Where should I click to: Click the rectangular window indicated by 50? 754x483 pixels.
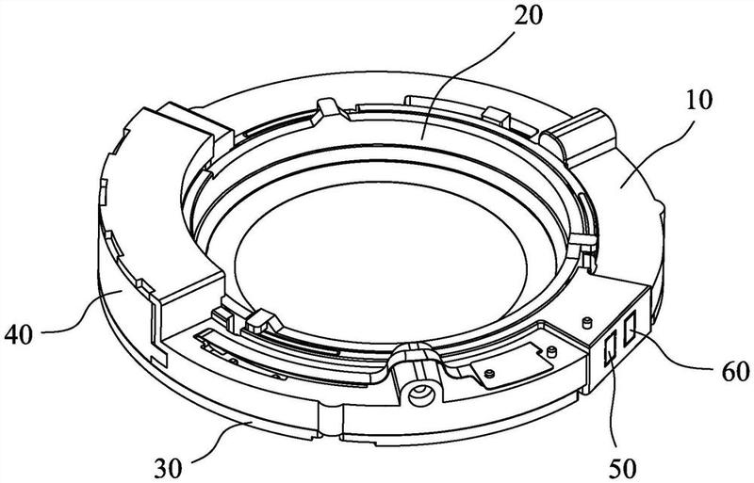[610, 348]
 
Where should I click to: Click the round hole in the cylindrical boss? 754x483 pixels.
[419, 388]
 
